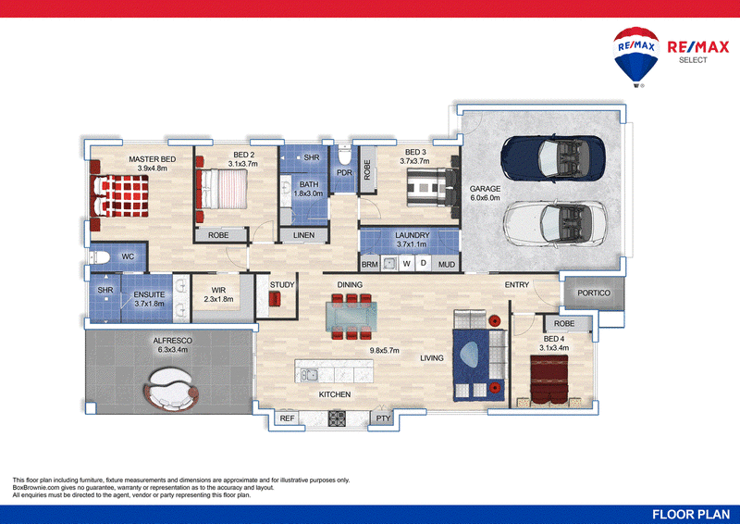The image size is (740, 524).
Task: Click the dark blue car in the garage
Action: [x=552, y=157]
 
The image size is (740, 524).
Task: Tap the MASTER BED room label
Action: [x=152, y=159]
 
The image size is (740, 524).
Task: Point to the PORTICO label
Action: [x=594, y=293]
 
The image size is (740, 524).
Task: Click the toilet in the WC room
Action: [x=100, y=257]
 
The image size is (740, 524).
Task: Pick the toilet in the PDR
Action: [x=344, y=155]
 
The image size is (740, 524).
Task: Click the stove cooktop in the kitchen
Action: [x=337, y=418]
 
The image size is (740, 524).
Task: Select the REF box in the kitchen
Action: [x=287, y=418]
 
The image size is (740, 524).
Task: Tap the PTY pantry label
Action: [x=383, y=418]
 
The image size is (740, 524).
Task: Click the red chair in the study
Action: [x=274, y=299]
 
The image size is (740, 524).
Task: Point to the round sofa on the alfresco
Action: [x=170, y=390]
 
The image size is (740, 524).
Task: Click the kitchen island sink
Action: [x=309, y=375]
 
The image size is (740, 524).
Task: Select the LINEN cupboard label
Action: [x=303, y=235]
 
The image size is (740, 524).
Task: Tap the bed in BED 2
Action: [x=222, y=189]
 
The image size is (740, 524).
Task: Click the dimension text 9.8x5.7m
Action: [x=384, y=351]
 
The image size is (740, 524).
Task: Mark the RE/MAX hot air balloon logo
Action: [x=636, y=56]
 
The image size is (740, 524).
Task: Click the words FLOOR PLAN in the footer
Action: [x=691, y=515]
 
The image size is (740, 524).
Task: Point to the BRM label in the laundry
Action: [x=369, y=265]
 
